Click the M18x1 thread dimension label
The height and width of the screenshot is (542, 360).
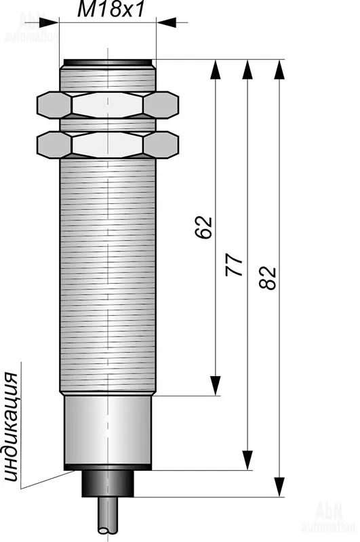tap(111, 9)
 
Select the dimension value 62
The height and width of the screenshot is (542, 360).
tap(203, 227)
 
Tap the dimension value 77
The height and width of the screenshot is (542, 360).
tap(234, 264)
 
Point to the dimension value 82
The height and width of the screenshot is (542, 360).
tap(268, 278)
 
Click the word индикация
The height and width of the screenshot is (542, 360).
tap(10, 428)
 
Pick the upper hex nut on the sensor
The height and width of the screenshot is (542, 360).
tap(108, 105)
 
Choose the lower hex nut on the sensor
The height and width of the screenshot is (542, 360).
tap(108, 145)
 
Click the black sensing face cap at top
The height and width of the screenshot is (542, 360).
tap(108, 62)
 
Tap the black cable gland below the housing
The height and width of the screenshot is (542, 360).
tap(108, 484)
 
